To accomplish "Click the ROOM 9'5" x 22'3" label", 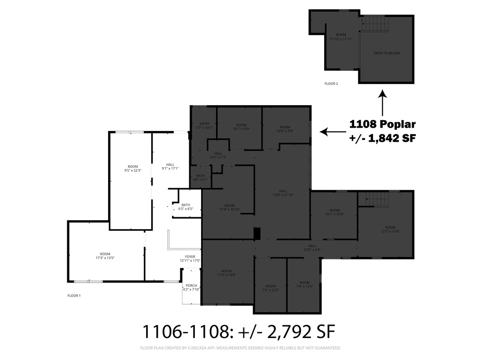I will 133,169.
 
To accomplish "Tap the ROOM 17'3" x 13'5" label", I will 105,256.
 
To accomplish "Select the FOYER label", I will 190,259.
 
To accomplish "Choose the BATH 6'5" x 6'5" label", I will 186,207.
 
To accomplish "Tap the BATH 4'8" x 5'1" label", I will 201,177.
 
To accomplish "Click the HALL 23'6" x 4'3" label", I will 312,247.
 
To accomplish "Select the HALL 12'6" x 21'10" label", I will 283,193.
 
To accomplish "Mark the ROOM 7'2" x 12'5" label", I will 270,288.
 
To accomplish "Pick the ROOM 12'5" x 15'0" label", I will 387,229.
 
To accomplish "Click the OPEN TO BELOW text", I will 387,53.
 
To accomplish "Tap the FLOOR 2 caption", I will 331,84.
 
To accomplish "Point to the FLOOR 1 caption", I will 74,296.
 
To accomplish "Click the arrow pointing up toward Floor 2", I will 382,103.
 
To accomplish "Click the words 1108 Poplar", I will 382,124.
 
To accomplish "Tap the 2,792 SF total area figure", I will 301,332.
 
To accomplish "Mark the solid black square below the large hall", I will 256,233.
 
